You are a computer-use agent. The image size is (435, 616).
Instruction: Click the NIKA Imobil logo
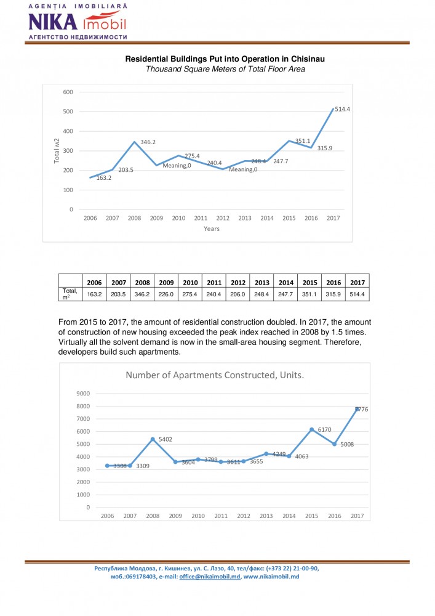(x=77, y=22)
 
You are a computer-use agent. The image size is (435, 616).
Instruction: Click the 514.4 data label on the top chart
(x=342, y=108)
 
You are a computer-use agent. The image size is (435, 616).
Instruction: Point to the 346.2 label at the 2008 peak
(x=148, y=142)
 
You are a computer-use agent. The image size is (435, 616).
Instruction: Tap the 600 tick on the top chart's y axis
(x=68, y=92)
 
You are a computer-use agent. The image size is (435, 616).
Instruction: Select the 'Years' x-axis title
(x=212, y=229)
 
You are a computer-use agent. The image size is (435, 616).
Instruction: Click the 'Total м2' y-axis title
(x=57, y=151)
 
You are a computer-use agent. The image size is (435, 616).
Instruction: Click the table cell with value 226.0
(x=165, y=294)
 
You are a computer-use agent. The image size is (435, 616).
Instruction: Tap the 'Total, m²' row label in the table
(x=70, y=294)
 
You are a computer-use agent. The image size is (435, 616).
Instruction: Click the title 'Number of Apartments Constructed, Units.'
(x=215, y=375)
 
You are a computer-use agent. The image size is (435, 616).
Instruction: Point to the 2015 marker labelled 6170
(x=311, y=429)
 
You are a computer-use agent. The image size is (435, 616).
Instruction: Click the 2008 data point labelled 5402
(x=153, y=439)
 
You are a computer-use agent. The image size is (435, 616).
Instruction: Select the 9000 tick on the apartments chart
(x=82, y=394)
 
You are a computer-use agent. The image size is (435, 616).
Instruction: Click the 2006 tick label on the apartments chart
(x=107, y=516)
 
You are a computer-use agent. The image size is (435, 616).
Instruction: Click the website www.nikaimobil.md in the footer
(x=271, y=577)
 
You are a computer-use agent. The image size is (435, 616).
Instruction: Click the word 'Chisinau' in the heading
(x=305, y=59)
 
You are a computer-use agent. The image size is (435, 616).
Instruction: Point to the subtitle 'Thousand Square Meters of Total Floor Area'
(x=225, y=69)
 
